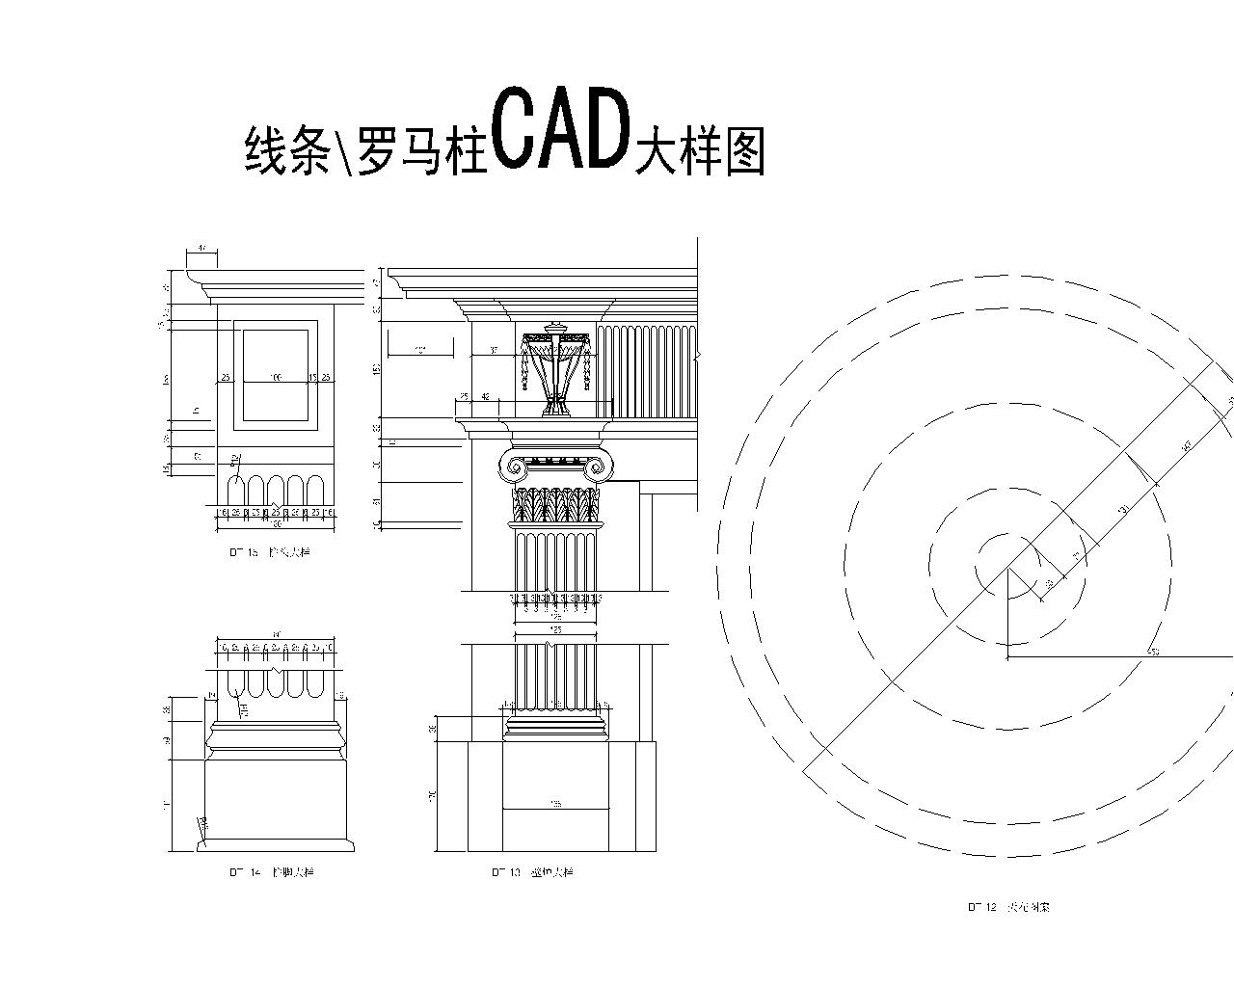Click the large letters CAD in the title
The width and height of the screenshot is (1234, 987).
(559, 129)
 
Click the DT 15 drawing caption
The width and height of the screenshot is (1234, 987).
(270, 553)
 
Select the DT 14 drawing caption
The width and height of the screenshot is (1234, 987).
(271, 872)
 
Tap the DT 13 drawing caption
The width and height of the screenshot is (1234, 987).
(531, 872)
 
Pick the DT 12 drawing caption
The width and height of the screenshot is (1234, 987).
(1008, 907)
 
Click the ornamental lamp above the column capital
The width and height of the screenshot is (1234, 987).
(556, 371)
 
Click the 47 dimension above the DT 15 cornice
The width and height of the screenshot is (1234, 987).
(201, 249)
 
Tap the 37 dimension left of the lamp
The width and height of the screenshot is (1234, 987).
(493, 350)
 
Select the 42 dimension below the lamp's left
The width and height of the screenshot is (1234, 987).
(485, 397)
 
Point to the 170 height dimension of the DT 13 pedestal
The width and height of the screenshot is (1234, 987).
(433, 796)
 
